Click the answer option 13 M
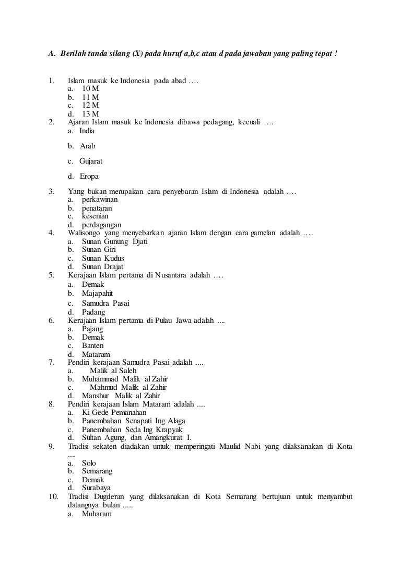[x=90, y=114]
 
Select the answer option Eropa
[x=89, y=176]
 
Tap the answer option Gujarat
[x=91, y=161]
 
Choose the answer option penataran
[x=97, y=208]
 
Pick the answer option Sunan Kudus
[x=103, y=258]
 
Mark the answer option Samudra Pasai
[x=105, y=303]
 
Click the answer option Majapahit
[x=97, y=294]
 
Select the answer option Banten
[x=92, y=346]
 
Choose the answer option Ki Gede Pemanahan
[x=114, y=413]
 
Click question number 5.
[x=51, y=275]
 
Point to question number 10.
[x=53, y=496]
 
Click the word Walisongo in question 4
[x=84, y=233]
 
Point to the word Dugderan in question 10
[x=108, y=496]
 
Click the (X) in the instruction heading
[x=136, y=54]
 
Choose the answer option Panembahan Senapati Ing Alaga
[x=133, y=421]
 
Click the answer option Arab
[x=88, y=146]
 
